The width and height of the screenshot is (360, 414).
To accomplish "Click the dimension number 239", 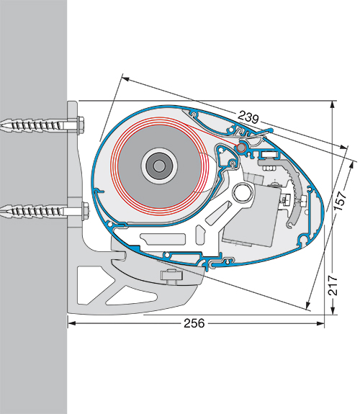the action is [x=248, y=117].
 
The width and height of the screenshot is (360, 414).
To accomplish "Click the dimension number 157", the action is [x=340, y=201].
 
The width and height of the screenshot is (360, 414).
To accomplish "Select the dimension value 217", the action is [x=333, y=285].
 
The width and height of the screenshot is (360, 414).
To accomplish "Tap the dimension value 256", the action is [x=194, y=323].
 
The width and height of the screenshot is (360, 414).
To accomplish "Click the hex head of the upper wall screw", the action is [x=81, y=125].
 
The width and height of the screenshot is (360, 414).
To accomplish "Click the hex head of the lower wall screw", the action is [x=85, y=211].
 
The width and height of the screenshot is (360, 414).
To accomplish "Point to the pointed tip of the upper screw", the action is [x=1, y=125].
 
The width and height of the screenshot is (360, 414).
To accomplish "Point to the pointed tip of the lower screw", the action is [x=1, y=211].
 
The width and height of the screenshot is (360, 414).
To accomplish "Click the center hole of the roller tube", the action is [x=158, y=166].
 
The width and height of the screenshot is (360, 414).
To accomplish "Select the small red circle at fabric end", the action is [x=241, y=148].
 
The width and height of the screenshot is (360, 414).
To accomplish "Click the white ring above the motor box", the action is [x=242, y=192].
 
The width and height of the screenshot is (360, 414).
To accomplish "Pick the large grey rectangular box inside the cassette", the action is [x=251, y=215].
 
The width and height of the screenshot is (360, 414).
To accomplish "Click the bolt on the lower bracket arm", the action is [x=171, y=276].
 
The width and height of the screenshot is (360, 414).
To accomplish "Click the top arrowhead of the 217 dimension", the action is [x=332, y=104].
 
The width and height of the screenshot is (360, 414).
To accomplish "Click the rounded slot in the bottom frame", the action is [x=163, y=239].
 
